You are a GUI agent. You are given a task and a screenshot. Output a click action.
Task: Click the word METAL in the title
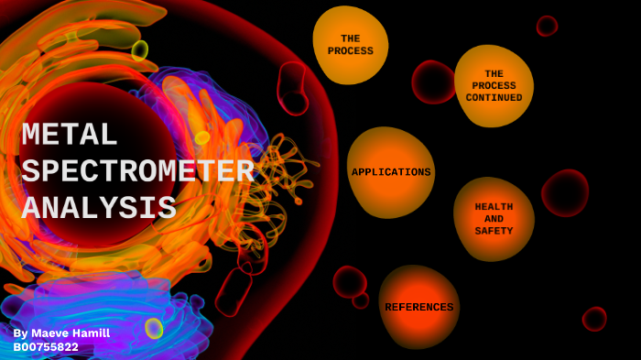coord(70,136)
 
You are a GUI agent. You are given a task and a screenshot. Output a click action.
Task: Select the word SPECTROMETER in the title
coord(137,171)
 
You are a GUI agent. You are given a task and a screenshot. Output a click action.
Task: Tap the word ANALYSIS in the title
coord(99,208)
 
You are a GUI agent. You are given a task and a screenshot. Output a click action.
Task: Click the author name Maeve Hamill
coord(71,333)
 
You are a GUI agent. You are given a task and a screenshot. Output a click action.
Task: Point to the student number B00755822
coord(46,347)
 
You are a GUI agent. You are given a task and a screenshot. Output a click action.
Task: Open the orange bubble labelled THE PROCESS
coord(351,45)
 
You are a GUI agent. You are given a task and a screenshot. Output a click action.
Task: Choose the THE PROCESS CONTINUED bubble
coord(494,85)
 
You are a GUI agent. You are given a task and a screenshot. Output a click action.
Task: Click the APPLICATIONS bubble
coord(391,172)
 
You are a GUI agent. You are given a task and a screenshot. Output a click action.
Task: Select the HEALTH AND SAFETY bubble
coord(494,219)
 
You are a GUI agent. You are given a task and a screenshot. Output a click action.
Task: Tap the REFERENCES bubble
coord(418,307)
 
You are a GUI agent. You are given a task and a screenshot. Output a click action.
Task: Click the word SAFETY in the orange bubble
coord(494,231)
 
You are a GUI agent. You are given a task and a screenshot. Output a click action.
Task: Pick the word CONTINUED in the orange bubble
coord(494,98)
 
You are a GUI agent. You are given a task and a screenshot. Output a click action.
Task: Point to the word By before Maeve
coord(21,333)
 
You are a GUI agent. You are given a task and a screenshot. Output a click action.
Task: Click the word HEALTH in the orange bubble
coord(494,207)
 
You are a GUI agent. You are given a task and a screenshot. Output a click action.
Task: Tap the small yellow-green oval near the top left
coord(139,49)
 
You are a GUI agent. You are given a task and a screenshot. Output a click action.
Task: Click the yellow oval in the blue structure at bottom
coord(154,327)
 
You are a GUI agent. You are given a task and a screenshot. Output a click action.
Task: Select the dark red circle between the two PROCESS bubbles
coord(433,82)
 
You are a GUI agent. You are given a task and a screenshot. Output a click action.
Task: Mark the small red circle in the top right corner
coord(547,26)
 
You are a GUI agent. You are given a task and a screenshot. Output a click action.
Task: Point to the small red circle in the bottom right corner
coord(594,319)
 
